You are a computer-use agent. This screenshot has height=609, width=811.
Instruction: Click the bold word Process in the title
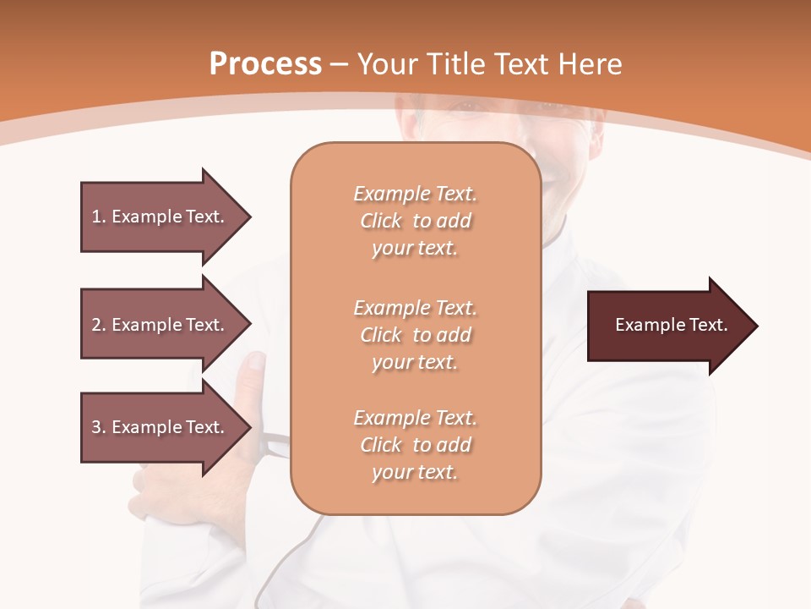265,64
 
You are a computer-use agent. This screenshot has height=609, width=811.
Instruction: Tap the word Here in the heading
588,64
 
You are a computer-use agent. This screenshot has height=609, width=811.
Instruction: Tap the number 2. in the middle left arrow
99,325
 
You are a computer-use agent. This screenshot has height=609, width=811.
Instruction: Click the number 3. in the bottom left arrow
99,427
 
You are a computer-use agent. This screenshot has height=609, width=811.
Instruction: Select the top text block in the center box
415,221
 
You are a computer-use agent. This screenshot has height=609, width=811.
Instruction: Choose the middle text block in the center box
415,335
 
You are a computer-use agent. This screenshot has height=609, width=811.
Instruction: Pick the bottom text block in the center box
415,445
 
